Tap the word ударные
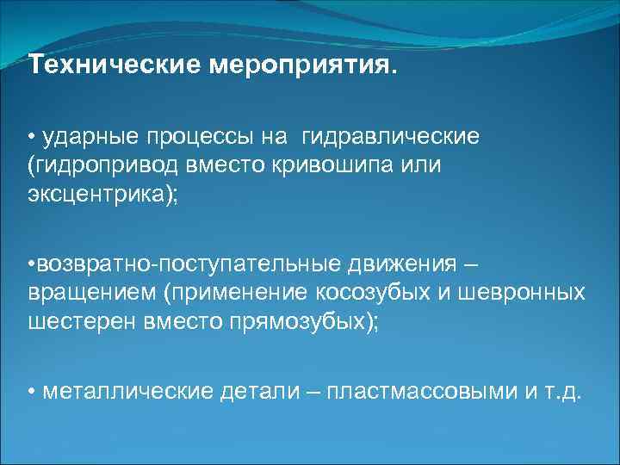85,137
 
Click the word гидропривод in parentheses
97,165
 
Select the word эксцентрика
97,193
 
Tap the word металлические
121,392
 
